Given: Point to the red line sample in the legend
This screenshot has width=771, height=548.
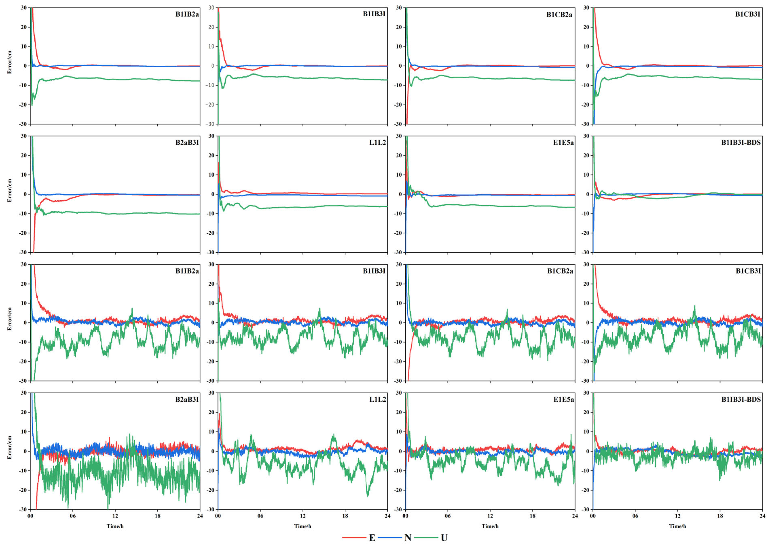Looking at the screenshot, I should click(354, 537).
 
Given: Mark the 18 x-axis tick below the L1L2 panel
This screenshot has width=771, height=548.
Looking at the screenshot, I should click(345, 516).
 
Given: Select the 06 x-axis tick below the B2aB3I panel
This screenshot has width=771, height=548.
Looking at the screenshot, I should click(73, 516).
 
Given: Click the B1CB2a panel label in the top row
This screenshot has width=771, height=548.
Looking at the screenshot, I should click(559, 15).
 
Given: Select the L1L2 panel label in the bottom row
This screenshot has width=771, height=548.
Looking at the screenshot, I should click(377, 400).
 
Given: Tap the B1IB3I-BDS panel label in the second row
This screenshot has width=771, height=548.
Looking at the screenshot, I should click(741, 143).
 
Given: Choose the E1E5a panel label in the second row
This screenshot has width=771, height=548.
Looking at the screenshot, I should click(563, 143).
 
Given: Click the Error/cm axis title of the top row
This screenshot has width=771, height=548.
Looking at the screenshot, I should click(10, 62).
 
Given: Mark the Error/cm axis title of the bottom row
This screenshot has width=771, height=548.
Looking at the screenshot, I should click(10, 447).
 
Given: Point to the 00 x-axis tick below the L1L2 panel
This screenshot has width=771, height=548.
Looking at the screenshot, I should click(218, 516).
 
